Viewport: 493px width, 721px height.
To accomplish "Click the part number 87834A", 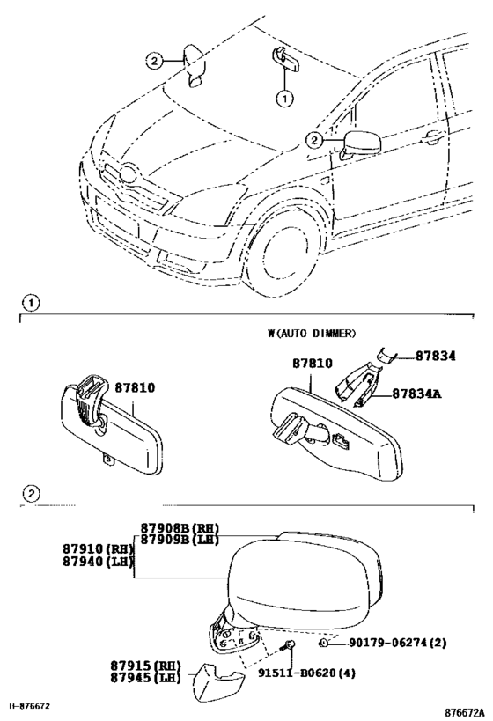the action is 416,394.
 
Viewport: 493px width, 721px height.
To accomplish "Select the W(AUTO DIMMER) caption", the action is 312,333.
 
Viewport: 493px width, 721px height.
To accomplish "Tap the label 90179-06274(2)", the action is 397,643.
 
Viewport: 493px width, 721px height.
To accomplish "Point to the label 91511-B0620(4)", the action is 306,673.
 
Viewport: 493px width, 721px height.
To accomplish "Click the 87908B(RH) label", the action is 180,528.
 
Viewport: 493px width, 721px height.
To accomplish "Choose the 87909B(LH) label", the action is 180,540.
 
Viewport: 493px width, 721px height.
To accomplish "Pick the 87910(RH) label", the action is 98,549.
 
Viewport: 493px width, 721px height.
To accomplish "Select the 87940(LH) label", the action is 98,562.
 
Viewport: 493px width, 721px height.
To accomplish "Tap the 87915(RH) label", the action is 145,666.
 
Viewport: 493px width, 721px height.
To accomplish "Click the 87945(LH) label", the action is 145,678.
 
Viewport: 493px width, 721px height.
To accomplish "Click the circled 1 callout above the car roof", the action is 284,99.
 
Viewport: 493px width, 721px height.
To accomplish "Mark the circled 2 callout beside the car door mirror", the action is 314,140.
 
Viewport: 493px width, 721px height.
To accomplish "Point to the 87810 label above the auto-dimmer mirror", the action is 313,364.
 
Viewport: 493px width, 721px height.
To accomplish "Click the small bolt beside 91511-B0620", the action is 288,646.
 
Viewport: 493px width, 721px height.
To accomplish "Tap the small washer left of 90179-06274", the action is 323,643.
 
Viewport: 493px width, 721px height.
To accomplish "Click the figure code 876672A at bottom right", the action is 465,713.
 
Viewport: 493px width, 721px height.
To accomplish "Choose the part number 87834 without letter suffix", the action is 436,356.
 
